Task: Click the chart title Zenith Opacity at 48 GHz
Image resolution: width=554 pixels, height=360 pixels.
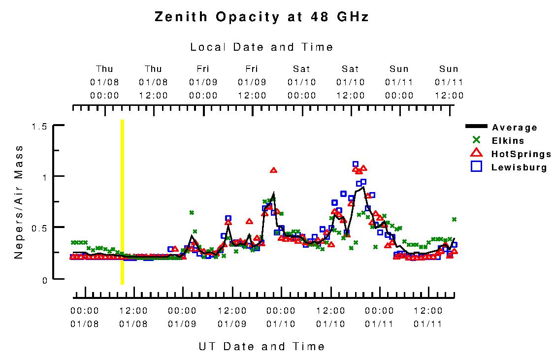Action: tap(261, 17)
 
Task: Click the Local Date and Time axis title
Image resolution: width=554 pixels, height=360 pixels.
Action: tap(261, 47)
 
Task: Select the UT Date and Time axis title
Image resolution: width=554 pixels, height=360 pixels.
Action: tap(261, 346)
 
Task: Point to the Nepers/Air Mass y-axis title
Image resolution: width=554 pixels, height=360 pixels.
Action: tap(19, 202)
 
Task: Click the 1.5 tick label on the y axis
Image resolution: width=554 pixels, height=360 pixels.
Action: tap(39, 127)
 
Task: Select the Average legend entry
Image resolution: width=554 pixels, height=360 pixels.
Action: tap(514, 128)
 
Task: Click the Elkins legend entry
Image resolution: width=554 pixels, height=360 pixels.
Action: tap(508, 141)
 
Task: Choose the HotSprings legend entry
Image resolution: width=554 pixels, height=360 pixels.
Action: tap(521, 154)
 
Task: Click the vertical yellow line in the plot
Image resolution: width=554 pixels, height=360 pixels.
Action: tap(122, 202)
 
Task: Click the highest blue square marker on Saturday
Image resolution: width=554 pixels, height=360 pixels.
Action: tap(356, 164)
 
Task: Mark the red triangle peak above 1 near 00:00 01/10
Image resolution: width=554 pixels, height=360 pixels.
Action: tap(274, 170)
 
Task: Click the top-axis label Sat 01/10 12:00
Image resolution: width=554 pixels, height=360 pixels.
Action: tap(351, 82)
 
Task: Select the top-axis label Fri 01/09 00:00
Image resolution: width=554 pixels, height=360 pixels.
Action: tap(203, 82)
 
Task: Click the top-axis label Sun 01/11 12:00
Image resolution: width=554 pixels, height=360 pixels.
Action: tap(449, 82)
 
